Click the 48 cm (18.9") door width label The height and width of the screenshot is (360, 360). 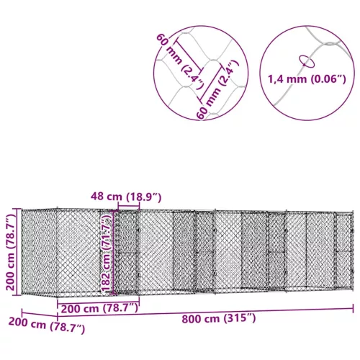coord(126,197)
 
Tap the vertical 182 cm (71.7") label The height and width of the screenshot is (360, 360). coord(106,252)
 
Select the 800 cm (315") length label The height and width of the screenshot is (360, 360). coord(219,319)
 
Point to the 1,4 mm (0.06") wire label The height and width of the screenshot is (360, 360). coord(307,79)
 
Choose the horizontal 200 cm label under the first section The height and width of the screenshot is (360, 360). coord(99,308)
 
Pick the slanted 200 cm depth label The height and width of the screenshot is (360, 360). coord(47,325)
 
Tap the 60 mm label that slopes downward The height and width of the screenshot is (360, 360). coord(181,62)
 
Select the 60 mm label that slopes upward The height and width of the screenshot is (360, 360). coord(217,90)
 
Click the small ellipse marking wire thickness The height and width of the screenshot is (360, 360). coord(307,61)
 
